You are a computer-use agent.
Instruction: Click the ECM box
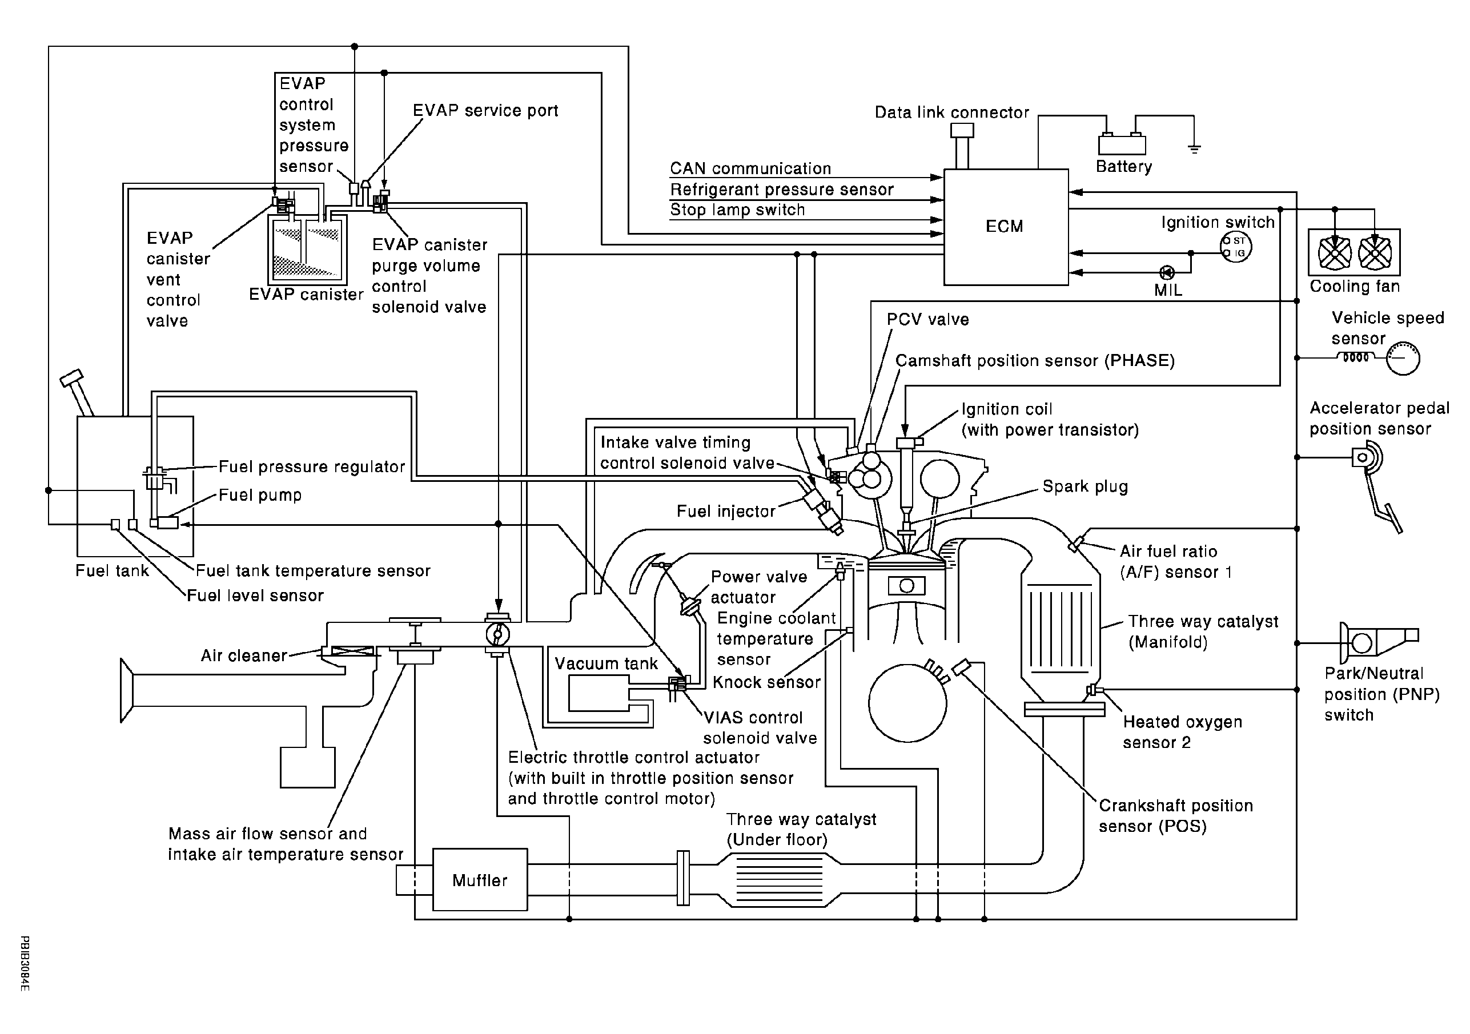coord(1005,227)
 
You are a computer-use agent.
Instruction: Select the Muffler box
coord(480,880)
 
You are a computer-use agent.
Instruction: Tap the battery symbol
coord(1122,143)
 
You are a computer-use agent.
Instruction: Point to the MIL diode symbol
coord(1167,273)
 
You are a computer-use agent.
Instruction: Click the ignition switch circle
coord(1235,247)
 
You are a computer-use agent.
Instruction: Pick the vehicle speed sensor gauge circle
coord(1403,358)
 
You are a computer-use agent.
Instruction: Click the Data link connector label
coord(951,112)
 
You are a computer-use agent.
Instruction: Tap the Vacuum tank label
coord(606,663)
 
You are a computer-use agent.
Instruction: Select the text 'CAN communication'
coord(750,168)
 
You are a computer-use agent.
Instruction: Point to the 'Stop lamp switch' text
coord(737,210)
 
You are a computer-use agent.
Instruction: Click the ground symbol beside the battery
coord(1194,149)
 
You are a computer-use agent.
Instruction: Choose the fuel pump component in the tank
coord(167,522)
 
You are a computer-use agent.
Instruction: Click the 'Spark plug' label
coord(1085,486)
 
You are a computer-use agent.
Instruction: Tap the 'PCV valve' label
coord(927,320)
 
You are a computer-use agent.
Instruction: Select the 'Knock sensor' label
coord(766,682)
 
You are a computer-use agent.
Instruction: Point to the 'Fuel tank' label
coord(112,570)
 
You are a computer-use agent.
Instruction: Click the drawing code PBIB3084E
coord(25,963)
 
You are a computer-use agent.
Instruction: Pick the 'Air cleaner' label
coord(244,655)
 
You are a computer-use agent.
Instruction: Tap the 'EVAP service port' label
coord(485,111)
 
